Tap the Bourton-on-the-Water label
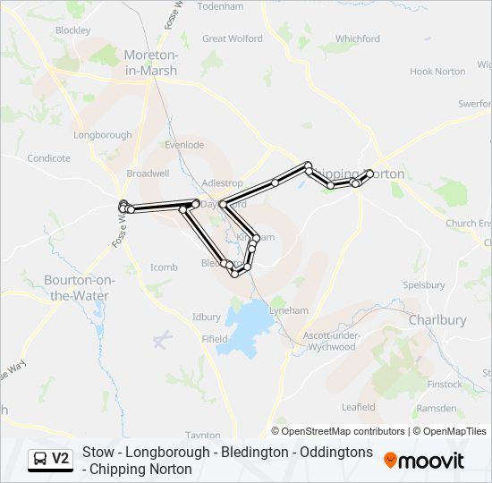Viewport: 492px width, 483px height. click(x=77, y=288)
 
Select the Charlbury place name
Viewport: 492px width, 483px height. click(x=437, y=319)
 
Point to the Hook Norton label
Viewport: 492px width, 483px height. click(x=437, y=72)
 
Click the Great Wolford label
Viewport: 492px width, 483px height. click(x=233, y=38)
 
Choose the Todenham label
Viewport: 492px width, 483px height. click(x=220, y=6)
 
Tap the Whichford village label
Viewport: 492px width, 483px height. click(x=358, y=38)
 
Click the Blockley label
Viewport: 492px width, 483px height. click(x=72, y=30)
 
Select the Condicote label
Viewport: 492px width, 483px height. click(x=48, y=158)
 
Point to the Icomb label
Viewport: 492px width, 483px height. click(x=164, y=267)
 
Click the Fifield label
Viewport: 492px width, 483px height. click(x=215, y=339)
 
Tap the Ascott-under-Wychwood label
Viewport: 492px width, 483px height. click(x=330, y=341)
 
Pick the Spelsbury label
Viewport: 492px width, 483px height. click(x=424, y=285)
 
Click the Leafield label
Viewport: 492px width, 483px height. click(x=359, y=406)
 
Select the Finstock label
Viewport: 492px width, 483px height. click(x=445, y=385)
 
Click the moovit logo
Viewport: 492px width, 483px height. click(x=424, y=461)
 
